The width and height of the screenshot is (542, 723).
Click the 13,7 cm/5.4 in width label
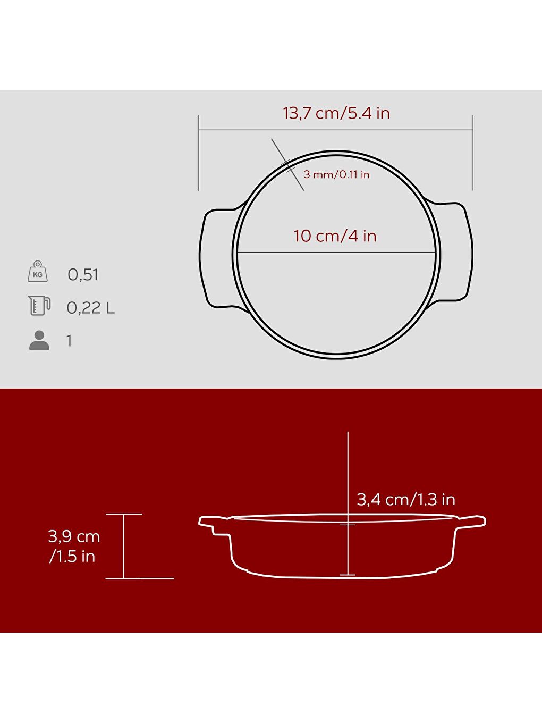[336, 113]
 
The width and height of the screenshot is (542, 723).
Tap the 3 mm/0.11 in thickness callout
[336, 174]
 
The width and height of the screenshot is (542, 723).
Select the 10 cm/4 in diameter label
[335, 236]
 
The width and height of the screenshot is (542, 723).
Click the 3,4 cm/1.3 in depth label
[406, 499]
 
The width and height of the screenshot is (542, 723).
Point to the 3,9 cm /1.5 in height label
[73, 546]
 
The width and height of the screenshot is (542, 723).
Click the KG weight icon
[38, 272]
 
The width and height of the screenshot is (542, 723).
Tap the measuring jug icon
[39, 306]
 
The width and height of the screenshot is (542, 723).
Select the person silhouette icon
[39, 340]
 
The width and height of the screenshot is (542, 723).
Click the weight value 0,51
[83, 275]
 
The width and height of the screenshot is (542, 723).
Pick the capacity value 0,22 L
[90, 308]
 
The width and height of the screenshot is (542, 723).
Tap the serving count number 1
[69, 341]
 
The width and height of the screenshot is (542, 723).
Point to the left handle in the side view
[213, 523]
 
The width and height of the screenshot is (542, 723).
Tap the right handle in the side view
[472, 521]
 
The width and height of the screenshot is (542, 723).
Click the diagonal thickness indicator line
[287, 164]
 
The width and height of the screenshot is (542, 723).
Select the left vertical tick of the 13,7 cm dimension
[199, 153]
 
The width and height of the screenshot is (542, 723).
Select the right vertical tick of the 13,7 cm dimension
[473, 153]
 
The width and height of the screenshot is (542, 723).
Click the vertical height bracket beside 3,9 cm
[124, 546]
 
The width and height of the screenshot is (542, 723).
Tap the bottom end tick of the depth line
[348, 575]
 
